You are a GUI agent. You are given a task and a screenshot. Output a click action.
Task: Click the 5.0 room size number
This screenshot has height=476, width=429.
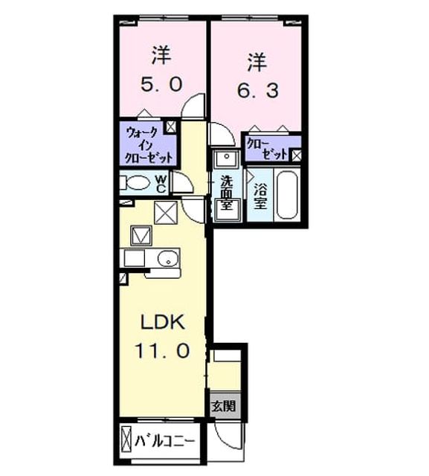tap(161, 84)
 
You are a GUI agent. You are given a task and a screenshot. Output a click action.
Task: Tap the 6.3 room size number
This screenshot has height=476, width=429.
tap(258, 91)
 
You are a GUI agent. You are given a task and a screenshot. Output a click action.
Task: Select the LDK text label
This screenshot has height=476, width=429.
tap(163, 322)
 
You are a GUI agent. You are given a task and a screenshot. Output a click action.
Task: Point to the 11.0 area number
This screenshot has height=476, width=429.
tap(162, 350)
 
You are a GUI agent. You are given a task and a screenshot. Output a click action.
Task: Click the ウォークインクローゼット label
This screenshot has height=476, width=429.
tap(149, 146)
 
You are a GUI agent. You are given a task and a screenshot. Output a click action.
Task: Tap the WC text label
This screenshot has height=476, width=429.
tap(161, 184)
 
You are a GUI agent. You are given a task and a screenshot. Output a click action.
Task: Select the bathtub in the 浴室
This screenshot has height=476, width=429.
tap(287, 195)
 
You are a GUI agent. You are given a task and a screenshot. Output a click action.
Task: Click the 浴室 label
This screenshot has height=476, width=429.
tap(260, 196)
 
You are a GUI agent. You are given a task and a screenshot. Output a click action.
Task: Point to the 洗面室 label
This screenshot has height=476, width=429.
tap(226, 193)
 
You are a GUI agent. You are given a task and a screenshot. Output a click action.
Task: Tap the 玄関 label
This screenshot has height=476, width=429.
tap(224, 405)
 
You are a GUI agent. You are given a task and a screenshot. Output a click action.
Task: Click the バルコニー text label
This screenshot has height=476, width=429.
tap(164, 441)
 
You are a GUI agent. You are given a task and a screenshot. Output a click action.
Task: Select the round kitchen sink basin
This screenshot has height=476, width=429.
tap(168, 258)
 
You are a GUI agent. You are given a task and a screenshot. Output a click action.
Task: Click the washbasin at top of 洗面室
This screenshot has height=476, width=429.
tap(227, 158)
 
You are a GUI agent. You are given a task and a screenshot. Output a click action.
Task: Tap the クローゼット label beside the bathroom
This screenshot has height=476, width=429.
tap(267, 149)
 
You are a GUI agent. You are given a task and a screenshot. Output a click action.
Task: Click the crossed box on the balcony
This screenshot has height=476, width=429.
tap(126, 441)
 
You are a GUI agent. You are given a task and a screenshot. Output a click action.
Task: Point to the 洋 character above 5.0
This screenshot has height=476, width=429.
tap(161, 55)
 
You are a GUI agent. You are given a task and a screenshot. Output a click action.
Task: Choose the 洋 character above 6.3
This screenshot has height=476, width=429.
tap(257, 62)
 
